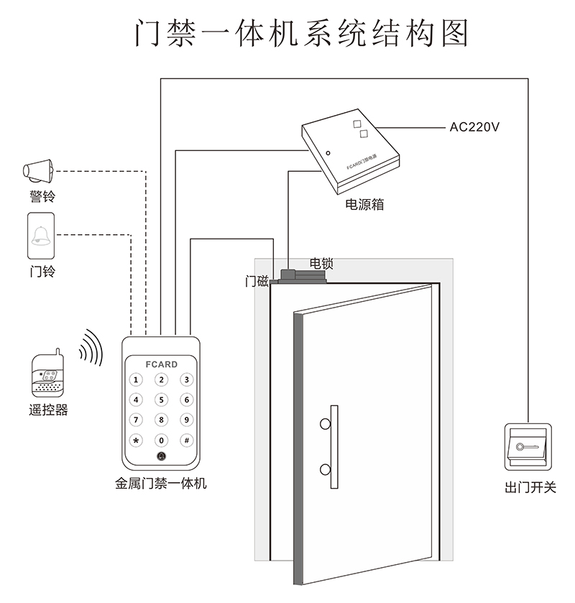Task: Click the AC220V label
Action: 474,127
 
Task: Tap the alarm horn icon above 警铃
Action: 39,170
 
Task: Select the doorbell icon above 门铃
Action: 41,236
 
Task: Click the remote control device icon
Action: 47,374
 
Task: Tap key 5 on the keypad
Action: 162,400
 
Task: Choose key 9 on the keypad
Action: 186,420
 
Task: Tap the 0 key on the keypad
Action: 162,440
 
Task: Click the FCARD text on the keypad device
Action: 161,364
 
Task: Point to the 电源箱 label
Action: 364,205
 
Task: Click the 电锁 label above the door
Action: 321,263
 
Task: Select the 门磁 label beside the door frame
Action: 257,281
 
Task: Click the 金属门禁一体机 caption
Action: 161,484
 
